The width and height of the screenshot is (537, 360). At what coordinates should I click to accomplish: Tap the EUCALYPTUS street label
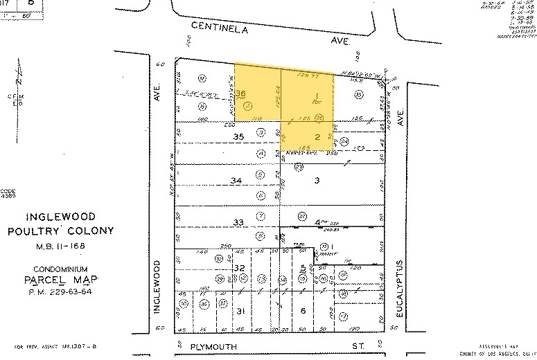click(400, 288)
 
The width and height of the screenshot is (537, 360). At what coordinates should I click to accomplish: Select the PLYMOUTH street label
click(215, 346)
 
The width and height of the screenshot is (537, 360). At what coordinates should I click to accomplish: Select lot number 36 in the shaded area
click(241, 93)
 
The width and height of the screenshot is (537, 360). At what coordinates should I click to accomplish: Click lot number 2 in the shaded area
click(317, 137)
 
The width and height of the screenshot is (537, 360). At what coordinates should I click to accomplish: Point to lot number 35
click(240, 137)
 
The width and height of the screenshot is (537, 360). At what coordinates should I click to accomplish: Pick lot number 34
click(236, 180)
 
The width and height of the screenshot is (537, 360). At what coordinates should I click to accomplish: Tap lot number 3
click(317, 180)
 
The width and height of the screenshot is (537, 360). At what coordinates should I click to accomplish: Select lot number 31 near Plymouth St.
click(240, 311)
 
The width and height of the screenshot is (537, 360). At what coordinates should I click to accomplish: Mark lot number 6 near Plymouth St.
click(303, 311)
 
